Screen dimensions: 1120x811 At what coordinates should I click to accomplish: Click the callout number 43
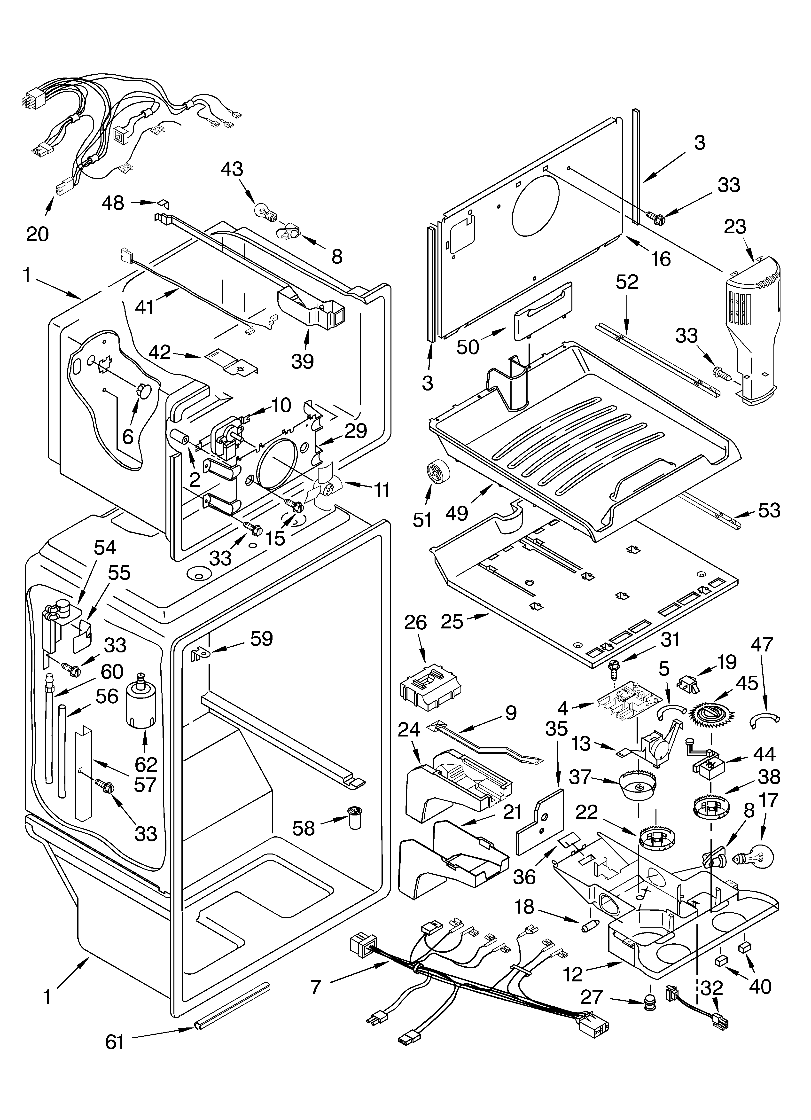[x=232, y=169]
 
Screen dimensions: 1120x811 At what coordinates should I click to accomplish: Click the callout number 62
[x=146, y=764]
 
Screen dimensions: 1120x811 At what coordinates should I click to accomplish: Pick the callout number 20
[x=38, y=234]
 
